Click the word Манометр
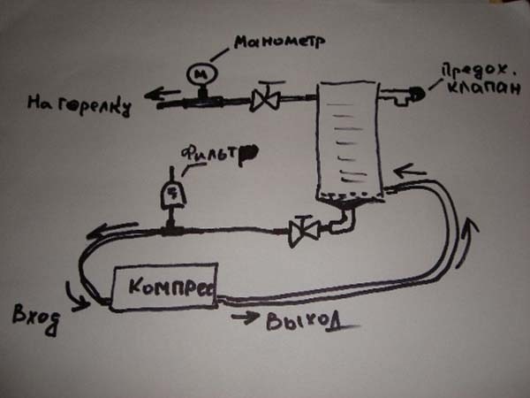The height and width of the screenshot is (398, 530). tap(279, 42)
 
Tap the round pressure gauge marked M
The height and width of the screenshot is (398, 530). tap(201, 73)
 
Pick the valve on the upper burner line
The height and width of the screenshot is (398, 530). tap(265, 97)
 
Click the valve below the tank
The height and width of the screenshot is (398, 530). tap(304, 232)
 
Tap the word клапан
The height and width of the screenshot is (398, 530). tap(484, 88)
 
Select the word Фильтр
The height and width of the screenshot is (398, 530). tap(219, 155)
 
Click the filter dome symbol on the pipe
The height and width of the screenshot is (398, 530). tap(173, 195)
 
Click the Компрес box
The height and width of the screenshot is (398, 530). tap(164, 287)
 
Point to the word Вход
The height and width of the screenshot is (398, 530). tap(35, 318)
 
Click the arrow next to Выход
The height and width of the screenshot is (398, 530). tap(245, 318)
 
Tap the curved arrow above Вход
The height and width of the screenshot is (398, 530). tap(77, 297)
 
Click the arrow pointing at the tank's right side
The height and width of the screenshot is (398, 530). tap(410, 171)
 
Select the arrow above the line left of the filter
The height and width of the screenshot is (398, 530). tap(111, 230)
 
